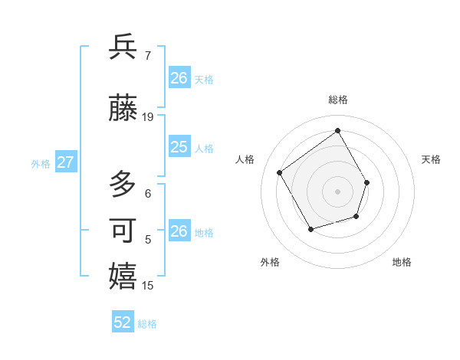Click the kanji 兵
123,47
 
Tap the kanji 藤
123,109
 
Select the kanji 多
123,185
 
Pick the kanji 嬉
123,277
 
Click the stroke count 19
148,117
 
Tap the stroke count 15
148,286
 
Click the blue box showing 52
123,322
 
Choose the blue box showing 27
66,162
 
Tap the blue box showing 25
179,147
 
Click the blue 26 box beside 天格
179,78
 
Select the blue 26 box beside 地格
179,231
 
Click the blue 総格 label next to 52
147,324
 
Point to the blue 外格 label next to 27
41,163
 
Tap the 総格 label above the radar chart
337,100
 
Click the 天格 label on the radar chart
431,159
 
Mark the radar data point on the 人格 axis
280,172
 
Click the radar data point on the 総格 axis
337,131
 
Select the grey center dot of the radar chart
337,191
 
